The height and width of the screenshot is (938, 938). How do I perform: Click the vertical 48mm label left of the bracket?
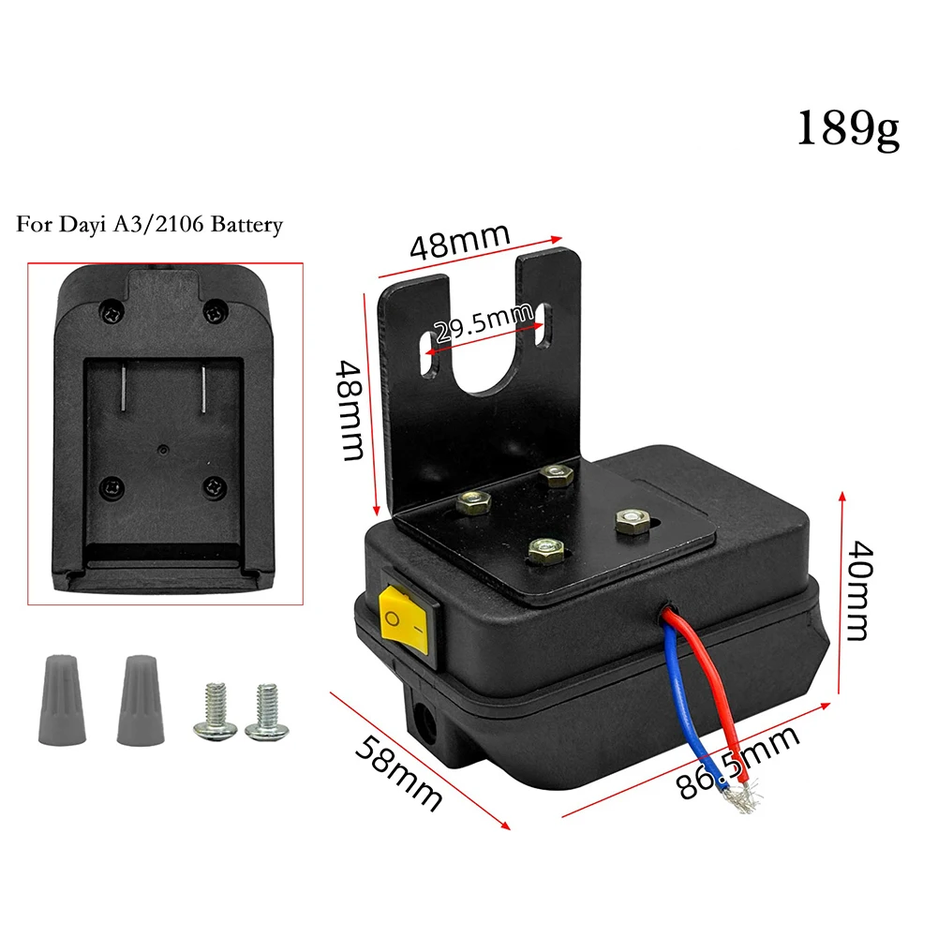tap(350, 409)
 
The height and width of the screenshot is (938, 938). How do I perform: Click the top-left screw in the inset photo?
tap(112, 311)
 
